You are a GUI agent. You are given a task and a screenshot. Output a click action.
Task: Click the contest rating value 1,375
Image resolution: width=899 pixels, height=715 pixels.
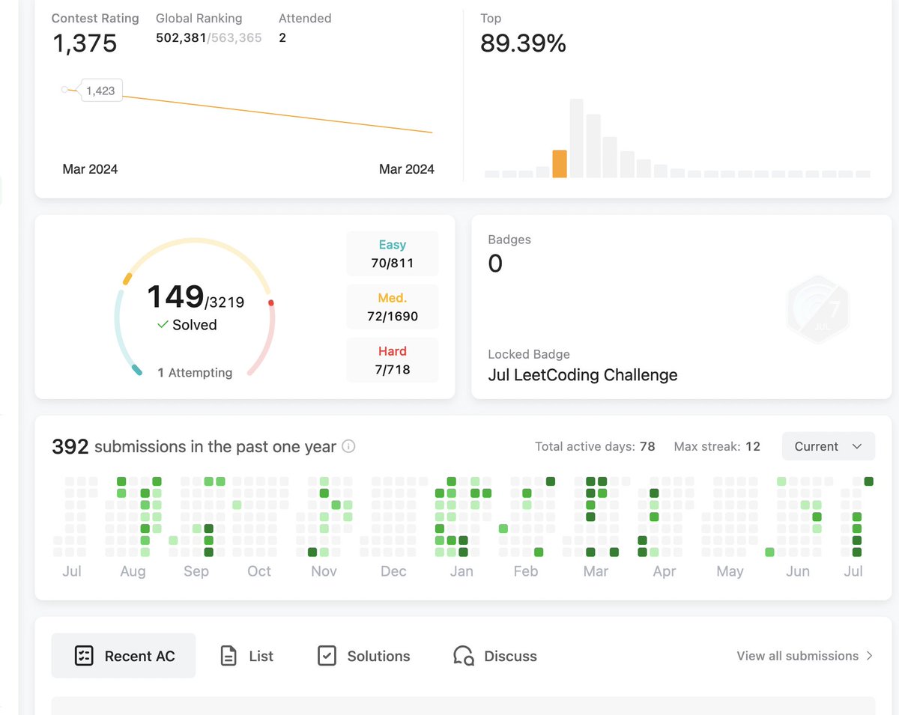(x=85, y=43)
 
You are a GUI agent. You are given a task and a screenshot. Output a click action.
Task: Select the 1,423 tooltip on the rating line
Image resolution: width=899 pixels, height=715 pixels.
(x=100, y=91)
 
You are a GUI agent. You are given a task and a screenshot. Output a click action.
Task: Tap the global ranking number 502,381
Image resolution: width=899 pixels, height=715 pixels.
(x=181, y=37)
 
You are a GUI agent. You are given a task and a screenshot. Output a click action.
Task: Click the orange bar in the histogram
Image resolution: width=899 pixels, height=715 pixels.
(x=560, y=163)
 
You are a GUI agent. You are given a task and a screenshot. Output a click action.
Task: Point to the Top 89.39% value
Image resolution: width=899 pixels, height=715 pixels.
(x=523, y=43)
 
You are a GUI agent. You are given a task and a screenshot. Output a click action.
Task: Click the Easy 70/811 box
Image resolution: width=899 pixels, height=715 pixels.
(x=393, y=254)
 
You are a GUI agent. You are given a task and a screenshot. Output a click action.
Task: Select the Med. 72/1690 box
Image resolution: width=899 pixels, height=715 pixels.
(x=393, y=307)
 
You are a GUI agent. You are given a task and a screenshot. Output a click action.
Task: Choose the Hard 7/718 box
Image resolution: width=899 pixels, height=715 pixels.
(x=393, y=360)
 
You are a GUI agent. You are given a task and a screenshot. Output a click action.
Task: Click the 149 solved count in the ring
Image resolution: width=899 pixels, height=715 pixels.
(x=175, y=297)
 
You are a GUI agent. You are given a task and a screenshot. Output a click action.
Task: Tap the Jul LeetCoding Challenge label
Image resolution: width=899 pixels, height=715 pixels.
(x=582, y=375)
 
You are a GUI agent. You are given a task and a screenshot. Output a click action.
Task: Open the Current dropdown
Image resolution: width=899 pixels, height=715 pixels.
(x=828, y=446)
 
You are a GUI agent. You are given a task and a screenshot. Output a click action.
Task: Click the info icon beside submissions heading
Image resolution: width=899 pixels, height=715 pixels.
(x=348, y=447)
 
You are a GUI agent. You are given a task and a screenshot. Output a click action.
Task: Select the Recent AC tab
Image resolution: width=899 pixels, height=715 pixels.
(x=124, y=656)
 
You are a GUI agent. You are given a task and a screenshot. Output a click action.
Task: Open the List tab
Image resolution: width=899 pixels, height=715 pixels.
(x=246, y=656)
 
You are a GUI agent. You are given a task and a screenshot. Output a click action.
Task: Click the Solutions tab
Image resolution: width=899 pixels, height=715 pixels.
(x=363, y=656)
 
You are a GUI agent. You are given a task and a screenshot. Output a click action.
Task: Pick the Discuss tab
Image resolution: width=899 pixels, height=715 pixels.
(x=495, y=656)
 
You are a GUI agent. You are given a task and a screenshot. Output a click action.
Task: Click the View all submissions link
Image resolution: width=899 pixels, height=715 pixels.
(x=805, y=656)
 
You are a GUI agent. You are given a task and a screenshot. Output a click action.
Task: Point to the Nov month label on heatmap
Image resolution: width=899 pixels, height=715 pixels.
(x=324, y=571)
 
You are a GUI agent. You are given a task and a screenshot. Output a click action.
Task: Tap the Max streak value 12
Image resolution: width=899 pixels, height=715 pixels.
(x=752, y=447)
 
